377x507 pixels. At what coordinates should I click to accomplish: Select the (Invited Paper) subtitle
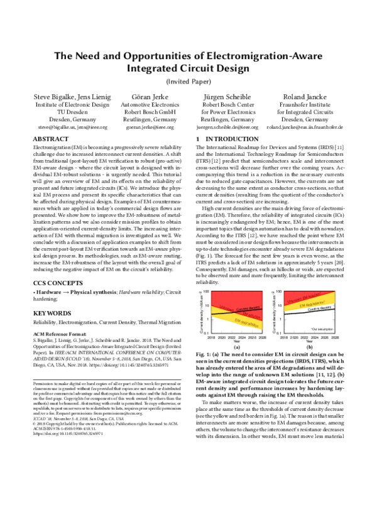pos(188,81)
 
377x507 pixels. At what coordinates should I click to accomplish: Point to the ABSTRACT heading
pos(50,138)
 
